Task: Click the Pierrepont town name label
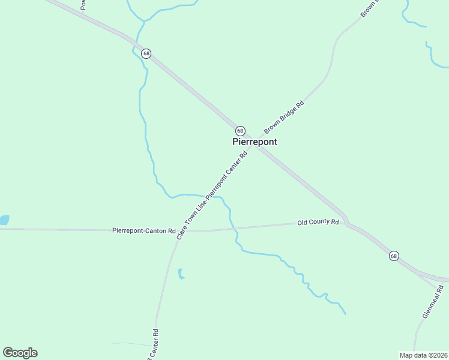click(255, 142)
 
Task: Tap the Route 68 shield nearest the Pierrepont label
click(240, 131)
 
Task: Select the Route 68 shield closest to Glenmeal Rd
click(393, 256)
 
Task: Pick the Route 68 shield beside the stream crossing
click(146, 53)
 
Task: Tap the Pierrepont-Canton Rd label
click(143, 230)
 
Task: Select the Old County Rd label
click(318, 222)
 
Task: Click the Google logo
click(20, 353)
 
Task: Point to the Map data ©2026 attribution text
click(423, 355)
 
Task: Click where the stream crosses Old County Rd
click(232, 228)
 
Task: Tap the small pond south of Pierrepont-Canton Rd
click(181, 275)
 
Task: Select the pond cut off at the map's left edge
click(4, 220)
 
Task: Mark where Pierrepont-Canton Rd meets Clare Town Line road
click(180, 231)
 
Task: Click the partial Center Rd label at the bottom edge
click(152, 344)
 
